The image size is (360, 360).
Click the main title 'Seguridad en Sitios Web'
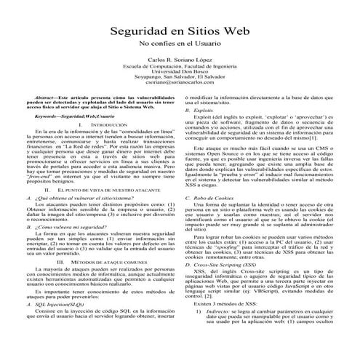pos(179,33)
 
